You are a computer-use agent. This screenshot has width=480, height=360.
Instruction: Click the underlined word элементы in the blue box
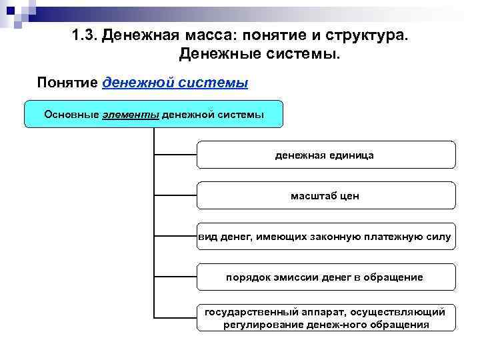click(x=131, y=114)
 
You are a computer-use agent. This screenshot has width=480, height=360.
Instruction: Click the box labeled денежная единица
click(x=325, y=155)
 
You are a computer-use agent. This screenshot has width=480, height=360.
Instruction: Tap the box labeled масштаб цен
click(x=325, y=196)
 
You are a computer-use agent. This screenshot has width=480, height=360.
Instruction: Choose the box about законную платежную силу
click(x=325, y=237)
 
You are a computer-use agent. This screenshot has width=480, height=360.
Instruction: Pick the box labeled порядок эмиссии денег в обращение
click(x=325, y=277)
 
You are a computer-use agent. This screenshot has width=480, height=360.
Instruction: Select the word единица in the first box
click(x=352, y=155)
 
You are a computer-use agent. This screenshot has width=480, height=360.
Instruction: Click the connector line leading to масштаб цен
click(x=175, y=196)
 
